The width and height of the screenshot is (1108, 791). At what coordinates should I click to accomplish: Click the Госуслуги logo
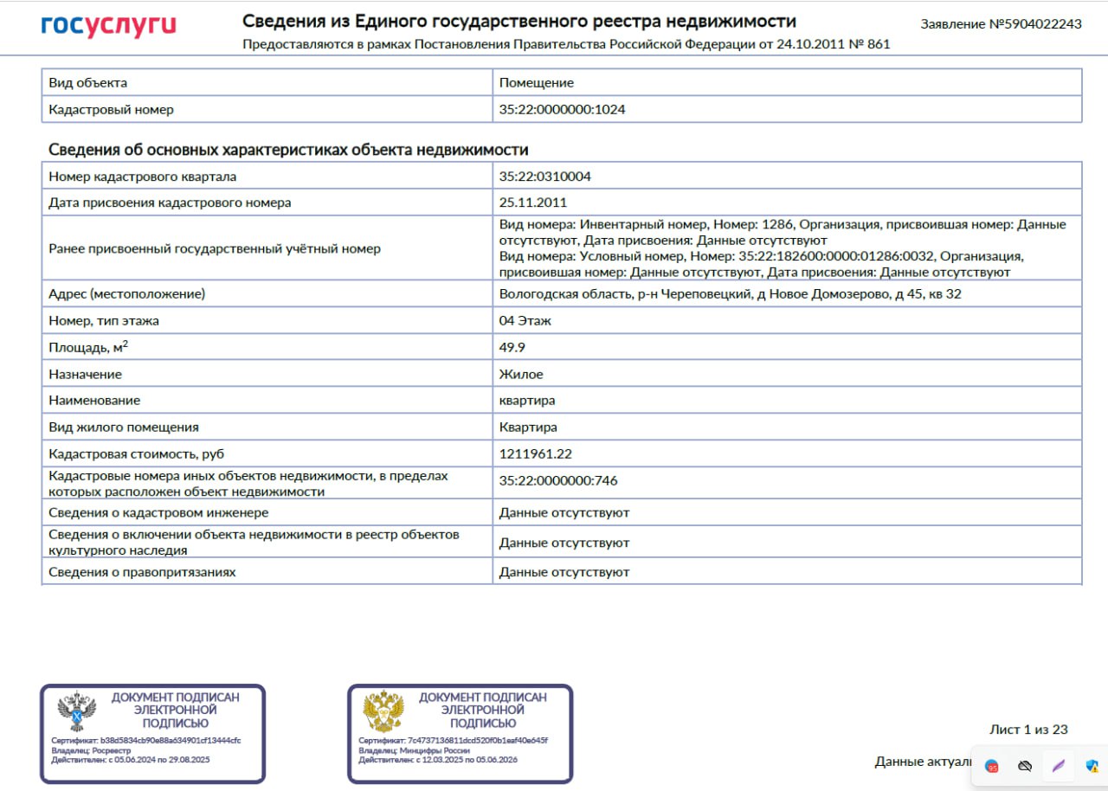108,26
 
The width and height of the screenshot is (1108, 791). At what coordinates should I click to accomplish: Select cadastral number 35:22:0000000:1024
562,110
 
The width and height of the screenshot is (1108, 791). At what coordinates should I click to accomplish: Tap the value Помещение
537,83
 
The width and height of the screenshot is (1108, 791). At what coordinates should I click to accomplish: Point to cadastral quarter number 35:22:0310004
545,177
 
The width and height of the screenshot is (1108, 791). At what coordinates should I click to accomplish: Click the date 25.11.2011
533,203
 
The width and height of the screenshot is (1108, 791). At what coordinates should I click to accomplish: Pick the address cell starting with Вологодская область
730,294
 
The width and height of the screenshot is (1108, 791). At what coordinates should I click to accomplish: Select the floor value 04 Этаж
525,321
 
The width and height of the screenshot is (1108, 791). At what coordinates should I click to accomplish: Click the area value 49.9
512,348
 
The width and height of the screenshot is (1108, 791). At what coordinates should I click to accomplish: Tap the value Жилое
521,375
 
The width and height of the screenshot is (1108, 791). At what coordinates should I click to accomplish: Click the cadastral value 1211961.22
536,454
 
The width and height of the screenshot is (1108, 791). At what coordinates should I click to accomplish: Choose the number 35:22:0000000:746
558,481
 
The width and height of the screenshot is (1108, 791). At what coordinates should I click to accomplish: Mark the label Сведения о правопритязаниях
142,572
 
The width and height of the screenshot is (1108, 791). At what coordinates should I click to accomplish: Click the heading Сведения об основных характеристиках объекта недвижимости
288,150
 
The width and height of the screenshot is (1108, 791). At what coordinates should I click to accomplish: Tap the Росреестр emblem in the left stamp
76,712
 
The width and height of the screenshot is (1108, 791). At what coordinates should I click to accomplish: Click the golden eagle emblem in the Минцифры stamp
383,712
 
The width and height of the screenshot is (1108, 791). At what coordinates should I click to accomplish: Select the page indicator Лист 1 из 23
1028,730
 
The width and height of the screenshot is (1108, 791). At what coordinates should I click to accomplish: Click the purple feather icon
1058,766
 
